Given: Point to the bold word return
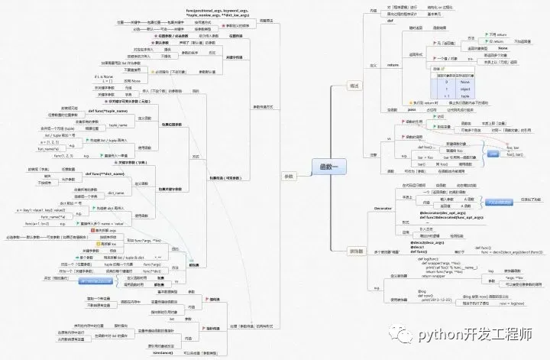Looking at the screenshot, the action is pos(394,66).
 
